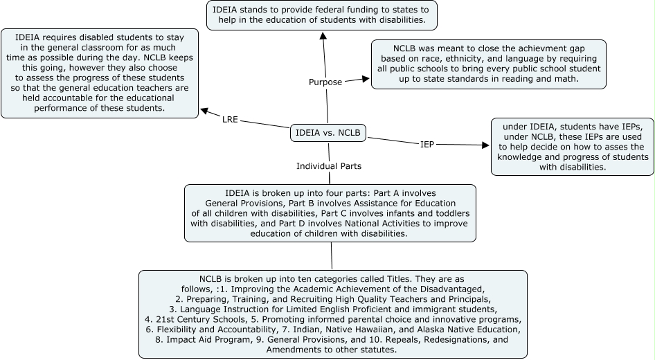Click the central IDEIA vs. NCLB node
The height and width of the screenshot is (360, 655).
pyautogui.click(x=327, y=132)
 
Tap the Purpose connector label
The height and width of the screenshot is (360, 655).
pyautogui.click(x=325, y=82)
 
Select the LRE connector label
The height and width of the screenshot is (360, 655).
pyautogui.click(x=230, y=119)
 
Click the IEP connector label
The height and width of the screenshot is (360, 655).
pyautogui.click(x=427, y=144)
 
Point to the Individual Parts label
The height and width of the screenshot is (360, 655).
pyautogui.click(x=329, y=166)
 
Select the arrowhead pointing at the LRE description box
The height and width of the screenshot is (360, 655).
pyautogui.click(x=204, y=109)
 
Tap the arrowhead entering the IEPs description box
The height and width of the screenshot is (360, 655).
pyautogui.click(x=484, y=145)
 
